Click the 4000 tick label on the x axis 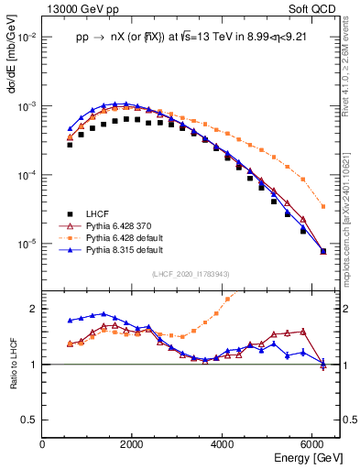[223, 444]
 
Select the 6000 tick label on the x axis [312, 444]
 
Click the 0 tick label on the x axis [43, 444]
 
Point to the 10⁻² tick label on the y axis [27, 38]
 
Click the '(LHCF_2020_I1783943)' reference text [191, 274]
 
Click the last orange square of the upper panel [323, 206]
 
